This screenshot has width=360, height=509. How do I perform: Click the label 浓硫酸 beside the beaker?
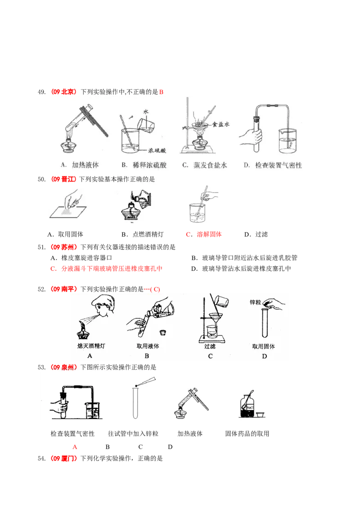pyautogui.click(x=157, y=151)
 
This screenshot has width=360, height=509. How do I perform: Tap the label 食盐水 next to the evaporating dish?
pyautogui.click(x=221, y=125)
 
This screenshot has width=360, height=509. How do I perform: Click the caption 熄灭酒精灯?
pyautogui.click(x=91, y=346)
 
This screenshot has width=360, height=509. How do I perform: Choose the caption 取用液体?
pyautogui.click(x=148, y=346)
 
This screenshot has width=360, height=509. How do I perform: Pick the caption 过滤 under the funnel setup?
pyautogui.click(x=210, y=346)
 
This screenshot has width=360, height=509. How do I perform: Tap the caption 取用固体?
pyautogui.click(x=264, y=346)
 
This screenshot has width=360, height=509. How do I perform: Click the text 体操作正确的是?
pyautogui.click(x=132, y=179)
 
